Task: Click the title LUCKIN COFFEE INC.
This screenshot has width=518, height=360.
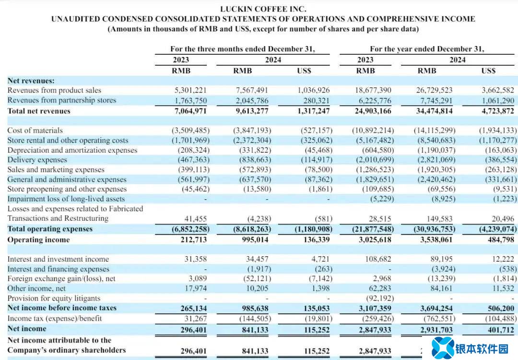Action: click(x=263, y=9)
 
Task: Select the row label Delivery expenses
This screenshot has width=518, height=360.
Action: click(x=37, y=160)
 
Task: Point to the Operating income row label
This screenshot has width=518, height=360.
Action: click(x=38, y=240)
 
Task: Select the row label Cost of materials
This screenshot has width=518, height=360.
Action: click(x=35, y=131)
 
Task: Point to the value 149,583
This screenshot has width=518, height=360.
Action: click(x=436, y=218)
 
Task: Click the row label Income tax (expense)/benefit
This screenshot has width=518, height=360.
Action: click(x=55, y=318)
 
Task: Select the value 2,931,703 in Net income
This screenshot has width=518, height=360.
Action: click(x=436, y=329)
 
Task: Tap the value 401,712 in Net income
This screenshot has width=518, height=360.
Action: click(x=501, y=329)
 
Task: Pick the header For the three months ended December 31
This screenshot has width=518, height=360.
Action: click(x=242, y=49)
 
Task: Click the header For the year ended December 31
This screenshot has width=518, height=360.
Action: click(x=427, y=49)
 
